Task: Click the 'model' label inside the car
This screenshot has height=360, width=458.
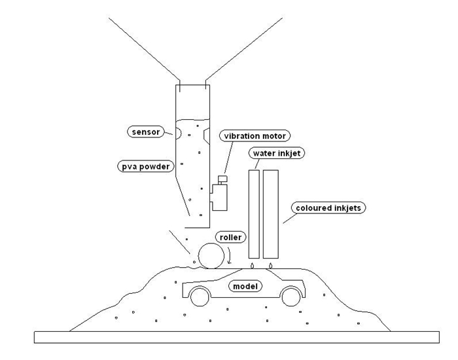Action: pyautogui.click(x=246, y=286)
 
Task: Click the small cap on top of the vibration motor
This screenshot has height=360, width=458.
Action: pyautogui.click(x=222, y=179)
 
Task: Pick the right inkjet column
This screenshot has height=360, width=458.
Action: pyautogui.click(x=271, y=214)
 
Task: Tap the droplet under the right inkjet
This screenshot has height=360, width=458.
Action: pyautogui.click(x=271, y=265)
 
